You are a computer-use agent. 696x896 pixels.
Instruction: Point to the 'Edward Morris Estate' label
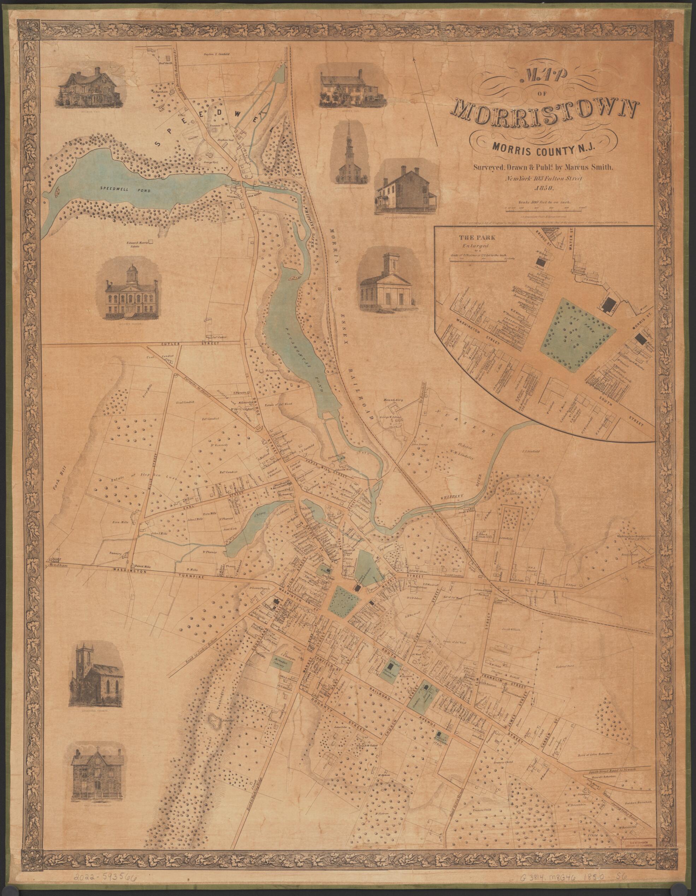pyautogui.click(x=136, y=244)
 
